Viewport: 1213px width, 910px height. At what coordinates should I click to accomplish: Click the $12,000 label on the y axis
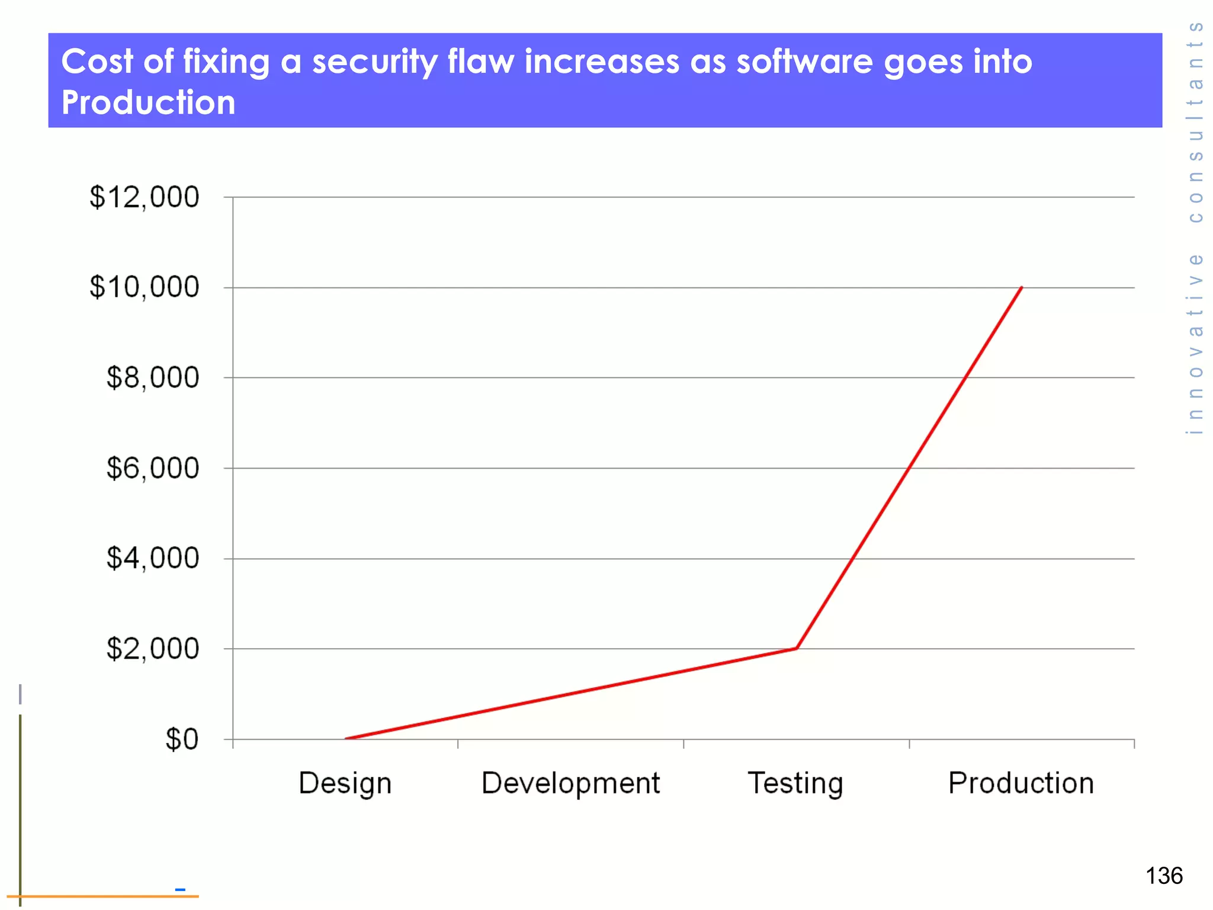(144, 197)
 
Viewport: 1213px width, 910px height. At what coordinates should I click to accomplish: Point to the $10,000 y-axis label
(144, 287)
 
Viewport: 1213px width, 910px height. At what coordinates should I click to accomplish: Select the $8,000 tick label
(152, 377)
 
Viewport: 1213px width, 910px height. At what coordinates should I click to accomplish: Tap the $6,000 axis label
(152, 468)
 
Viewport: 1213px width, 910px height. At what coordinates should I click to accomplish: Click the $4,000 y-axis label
(152, 558)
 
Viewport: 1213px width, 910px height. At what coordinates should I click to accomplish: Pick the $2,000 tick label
(152, 649)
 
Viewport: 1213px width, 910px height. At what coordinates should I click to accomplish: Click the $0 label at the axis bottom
(182, 739)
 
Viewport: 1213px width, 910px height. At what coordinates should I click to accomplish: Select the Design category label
(345, 783)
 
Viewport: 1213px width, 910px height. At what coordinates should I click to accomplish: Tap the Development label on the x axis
(570, 783)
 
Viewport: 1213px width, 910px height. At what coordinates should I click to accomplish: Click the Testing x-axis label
(795, 783)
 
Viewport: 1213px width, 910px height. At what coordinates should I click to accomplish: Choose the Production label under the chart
(1021, 783)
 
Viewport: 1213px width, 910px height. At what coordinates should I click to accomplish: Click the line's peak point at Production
(1022, 288)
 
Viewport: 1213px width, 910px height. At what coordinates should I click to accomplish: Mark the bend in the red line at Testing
(797, 648)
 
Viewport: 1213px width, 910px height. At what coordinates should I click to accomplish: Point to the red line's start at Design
(346, 738)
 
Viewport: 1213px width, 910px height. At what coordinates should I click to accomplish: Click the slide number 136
(1164, 876)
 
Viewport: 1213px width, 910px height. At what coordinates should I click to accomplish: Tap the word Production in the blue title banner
(148, 102)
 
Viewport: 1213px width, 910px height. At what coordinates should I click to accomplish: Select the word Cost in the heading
(97, 62)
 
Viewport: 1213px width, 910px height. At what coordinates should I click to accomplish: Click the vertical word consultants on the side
(1196, 121)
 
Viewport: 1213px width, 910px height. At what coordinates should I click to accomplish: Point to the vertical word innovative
(1196, 344)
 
